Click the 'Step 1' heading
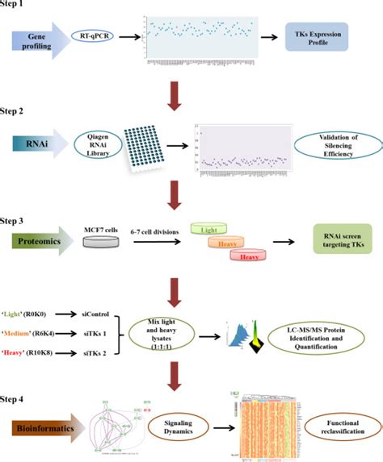tap(17, 6)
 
